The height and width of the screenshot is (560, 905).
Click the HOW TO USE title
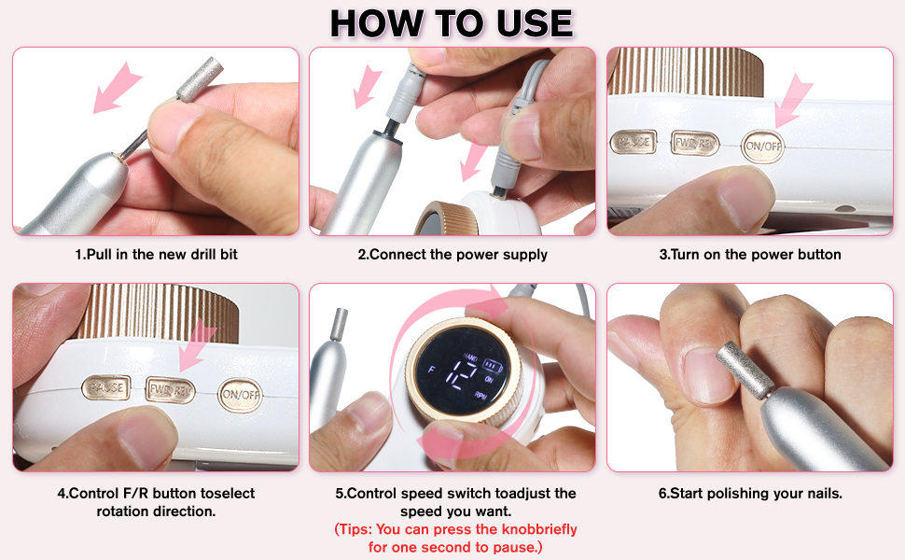(x=452, y=23)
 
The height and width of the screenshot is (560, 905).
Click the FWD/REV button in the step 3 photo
(x=695, y=144)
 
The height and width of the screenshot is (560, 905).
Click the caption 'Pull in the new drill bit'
(x=156, y=254)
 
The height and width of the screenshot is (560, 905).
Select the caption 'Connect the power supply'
(x=452, y=254)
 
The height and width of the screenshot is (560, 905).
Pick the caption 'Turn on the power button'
(x=750, y=254)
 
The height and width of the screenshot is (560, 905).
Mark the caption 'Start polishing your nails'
(x=750, y=493)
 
